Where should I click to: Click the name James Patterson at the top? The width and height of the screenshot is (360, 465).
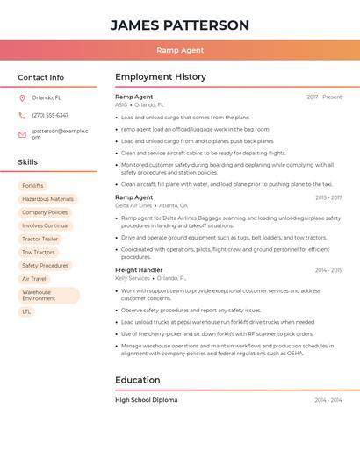click(x=179, y=25)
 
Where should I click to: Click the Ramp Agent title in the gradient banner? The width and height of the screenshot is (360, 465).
click(x=179, y=50)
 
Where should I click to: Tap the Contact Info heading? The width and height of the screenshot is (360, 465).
click(x=40, y=77)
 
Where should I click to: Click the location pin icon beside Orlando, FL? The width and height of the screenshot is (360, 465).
click(x=22, y=98)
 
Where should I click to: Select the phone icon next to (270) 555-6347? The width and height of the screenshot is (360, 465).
click(x=22, y=116)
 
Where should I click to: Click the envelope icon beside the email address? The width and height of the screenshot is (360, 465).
click(x=22, y=134)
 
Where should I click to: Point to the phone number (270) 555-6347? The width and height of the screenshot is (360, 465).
click(x=50, y=116)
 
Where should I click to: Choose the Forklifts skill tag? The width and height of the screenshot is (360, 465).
click(x=32, y=186)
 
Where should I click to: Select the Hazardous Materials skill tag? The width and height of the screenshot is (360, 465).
click(x=47, y=199)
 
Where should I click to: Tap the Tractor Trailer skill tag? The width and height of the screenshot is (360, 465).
click(x=40, y=239)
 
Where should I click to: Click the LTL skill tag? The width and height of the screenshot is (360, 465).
click(x=26, y=311)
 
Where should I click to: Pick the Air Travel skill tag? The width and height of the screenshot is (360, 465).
click(x=34, y=279)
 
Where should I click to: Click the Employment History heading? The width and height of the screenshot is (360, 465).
click(x=161, y=77)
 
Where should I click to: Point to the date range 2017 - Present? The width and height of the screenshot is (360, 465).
click(x=324, y=97)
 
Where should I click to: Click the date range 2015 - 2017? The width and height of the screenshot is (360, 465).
click(x=328, y=197)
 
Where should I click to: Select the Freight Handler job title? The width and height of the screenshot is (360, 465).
click(x=139, y=270)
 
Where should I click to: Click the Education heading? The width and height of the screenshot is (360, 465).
click(x=138, y=380)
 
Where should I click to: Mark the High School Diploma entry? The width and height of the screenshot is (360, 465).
click(x=146, y=400)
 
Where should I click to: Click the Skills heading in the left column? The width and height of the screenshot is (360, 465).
click(x=27, y=162)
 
